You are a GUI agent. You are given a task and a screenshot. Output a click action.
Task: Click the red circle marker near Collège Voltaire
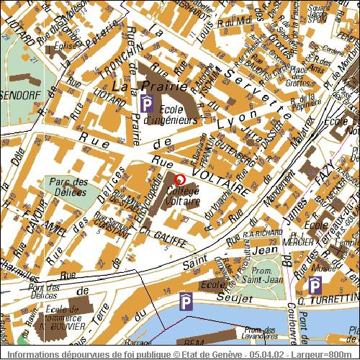[x=180, y=179]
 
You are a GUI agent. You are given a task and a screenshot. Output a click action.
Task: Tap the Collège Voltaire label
[x=183, y=197]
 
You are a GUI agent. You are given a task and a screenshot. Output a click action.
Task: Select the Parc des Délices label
[x=70, y=187]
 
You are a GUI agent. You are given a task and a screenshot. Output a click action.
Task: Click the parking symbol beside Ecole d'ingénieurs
[x=147, y=105]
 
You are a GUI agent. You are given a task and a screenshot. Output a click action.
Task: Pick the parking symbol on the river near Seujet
[x=186, y=302]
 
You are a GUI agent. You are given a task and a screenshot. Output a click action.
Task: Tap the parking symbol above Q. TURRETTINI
[x=315, y=286]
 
